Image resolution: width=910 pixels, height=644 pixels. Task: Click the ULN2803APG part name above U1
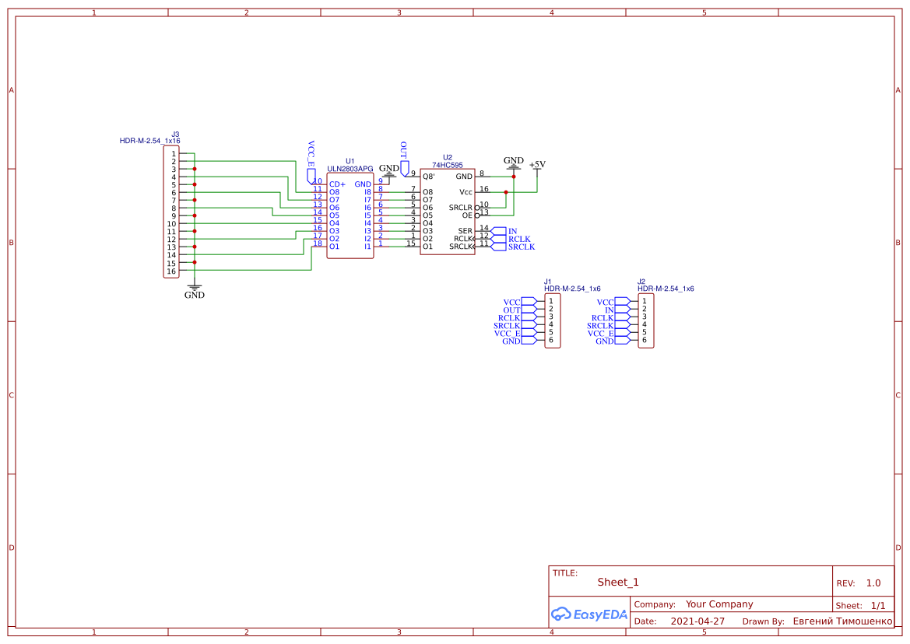pos(350,169)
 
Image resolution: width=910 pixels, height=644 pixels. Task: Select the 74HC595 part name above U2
pos(448,165)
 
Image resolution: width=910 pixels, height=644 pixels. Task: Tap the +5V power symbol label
pos(537,165)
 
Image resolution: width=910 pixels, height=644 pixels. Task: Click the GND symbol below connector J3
pos(195,291)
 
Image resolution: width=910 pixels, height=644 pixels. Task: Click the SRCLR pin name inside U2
pos(461,208)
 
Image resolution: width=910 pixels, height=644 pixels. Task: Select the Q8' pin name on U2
pos(429,177)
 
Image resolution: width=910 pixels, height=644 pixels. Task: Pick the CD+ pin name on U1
pos(337,184)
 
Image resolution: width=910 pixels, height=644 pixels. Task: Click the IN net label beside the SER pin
pos(512,231)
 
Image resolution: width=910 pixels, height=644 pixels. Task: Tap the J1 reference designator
pos(548,282)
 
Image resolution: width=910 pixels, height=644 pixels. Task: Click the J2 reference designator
pos(641,282)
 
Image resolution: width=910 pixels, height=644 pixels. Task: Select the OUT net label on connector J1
pos(512,310)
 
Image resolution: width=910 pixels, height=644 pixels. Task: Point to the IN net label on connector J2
pos(610,310)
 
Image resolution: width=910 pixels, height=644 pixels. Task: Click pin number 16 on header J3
pos(171,271)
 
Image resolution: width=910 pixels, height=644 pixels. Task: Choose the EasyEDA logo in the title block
pos(589,614)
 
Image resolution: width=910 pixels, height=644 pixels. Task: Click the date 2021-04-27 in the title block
pos(697,621)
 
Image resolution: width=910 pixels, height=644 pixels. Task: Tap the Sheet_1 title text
pos(618,582)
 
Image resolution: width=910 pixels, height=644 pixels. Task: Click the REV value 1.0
pos(873,583)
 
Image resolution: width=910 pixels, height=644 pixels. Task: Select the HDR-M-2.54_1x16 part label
pos(149,141)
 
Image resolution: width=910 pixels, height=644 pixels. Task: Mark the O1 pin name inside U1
pos(334,247)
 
